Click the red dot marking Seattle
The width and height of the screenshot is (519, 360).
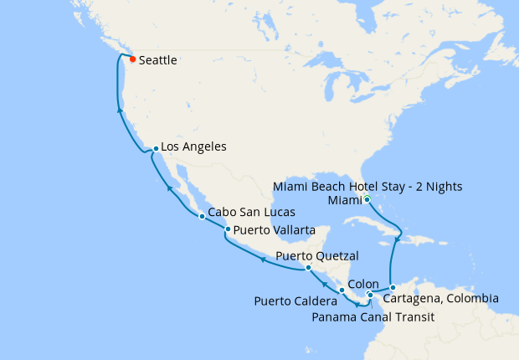132,59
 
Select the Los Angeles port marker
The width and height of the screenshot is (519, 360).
156,149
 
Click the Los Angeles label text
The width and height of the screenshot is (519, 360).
194,147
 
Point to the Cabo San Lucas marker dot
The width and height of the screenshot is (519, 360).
202,217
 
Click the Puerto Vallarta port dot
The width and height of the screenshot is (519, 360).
228,229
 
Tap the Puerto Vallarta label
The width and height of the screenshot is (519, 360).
275,229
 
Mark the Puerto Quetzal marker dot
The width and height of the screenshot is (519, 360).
308,268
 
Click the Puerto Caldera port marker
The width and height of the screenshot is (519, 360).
342,290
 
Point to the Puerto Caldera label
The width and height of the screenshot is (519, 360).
290,301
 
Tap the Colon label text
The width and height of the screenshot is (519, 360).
363,284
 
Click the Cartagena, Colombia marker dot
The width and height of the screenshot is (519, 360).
393,288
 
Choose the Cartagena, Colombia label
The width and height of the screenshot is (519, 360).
441,298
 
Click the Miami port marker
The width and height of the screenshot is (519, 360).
367,199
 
